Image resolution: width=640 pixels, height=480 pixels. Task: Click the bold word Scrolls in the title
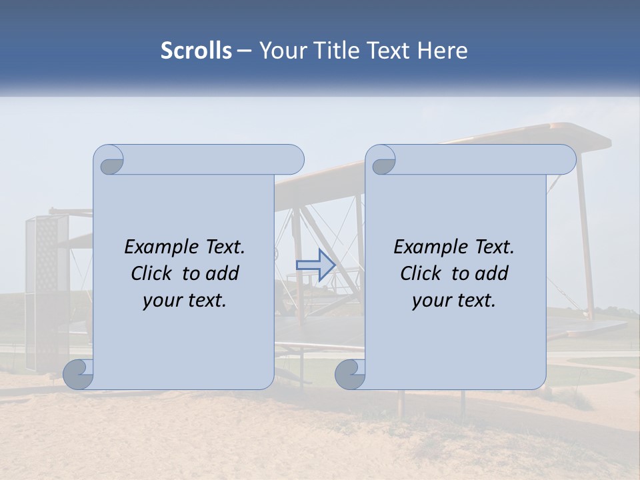tap(196, 51)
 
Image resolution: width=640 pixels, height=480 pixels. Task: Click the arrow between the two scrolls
tap(315, 265)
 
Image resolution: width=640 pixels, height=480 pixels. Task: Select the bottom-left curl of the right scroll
tap(350, 375)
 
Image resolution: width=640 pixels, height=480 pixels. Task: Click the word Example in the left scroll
tap(157, 247)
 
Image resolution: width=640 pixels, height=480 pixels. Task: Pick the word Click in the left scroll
tap(152, 273)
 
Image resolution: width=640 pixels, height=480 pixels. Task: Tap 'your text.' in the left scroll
tap(185, 300)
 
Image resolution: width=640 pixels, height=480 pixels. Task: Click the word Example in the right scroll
tap(427, 247)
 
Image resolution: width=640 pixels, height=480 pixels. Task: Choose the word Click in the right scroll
tap(421, 273)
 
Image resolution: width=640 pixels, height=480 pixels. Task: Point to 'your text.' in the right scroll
tap(454, 300)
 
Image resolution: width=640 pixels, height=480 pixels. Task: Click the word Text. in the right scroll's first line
tap(489, 247)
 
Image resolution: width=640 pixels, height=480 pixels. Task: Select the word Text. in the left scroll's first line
tap(220, 247)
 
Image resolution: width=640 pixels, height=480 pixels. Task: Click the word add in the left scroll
tap(223, 273)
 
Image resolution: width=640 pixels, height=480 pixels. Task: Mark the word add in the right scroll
tap(492, 273)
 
